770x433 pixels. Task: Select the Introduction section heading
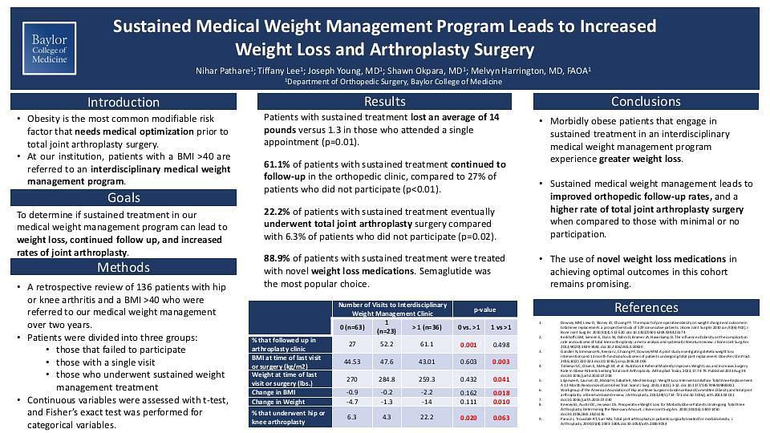coord(124,102)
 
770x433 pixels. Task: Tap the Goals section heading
coord(124,198)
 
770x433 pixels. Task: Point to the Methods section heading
coord(124,267)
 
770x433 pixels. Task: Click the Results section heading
coord(384,101)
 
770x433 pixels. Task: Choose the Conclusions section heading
coord(646,101)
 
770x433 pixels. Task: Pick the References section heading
coord(646,307)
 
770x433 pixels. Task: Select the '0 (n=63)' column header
coord(351,326)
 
